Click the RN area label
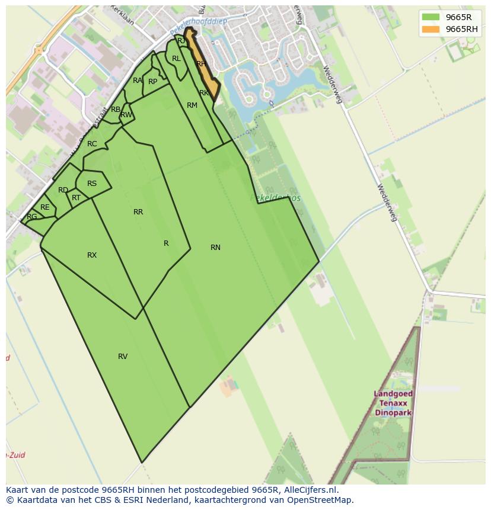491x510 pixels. click(215, 248)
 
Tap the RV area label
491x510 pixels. click(123, 357)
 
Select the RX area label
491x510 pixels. click(92, 255)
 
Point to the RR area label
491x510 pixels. click(138, 212)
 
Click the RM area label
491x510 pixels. click(192, 105)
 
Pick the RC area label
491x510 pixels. click(92, 144)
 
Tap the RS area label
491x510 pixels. click(92, 184)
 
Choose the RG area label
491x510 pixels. click(32, 217)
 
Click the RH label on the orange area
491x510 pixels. click(201, 64)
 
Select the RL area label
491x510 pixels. click(176, 59)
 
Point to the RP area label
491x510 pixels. click(153, 82)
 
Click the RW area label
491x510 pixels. click(126, 115)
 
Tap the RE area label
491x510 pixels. click(45, 207)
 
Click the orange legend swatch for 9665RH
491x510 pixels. click(431, 29)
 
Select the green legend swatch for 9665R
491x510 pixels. click(431, 17)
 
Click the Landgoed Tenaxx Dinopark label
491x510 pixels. click(394, 403)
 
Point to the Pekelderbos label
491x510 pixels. click(276, 198)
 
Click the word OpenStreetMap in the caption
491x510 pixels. click(321, 500)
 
